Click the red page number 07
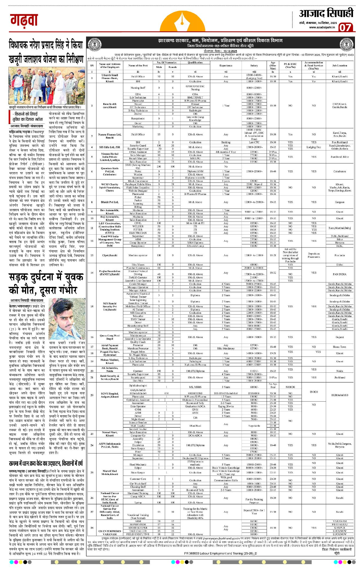[x=345, y=28]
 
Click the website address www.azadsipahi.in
[x=322, y=27]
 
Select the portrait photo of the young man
[x=67, y=318]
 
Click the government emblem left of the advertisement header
[x=95, y=44]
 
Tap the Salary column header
[x=254, y=66]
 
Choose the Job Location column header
[x=340, y=66]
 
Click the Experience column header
[x=226, y=66]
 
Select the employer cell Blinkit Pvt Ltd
[x=110, y=202]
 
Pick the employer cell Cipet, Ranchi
[x=110, y=255]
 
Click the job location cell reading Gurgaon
[x=340, y=202]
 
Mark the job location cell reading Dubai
[x=340, y=265]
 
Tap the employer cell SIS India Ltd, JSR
[x=110, y=147]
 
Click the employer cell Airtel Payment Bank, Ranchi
[x=110, y=347]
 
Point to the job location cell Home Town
[x=340, y=347]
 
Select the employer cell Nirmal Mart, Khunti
[x=110, y=434]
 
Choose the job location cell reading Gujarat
[x=340, y=337]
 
